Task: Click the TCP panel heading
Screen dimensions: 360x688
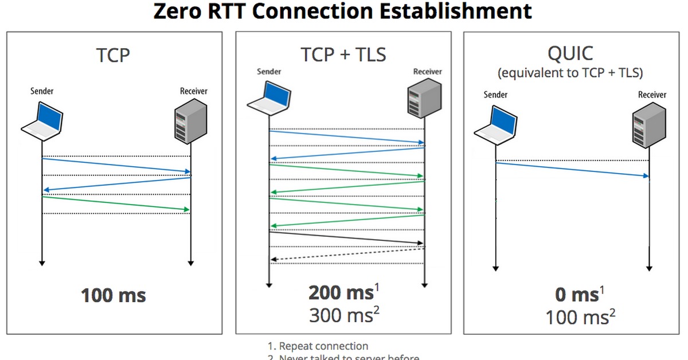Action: (114, 56)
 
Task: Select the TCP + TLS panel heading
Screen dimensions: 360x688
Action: (343, 54)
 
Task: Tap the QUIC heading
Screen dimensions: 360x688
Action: (570, 53)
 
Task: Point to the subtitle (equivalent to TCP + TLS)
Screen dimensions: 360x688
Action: (570, 73)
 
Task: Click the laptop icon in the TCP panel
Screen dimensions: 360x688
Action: (42, 121)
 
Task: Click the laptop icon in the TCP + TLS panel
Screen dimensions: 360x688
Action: (269, 95)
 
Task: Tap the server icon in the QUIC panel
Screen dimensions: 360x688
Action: (648, 127)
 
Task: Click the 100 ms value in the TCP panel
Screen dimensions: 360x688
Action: (114, 296)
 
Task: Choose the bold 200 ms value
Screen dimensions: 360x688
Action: (341, 293)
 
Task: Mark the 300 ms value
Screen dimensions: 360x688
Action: (341, 315)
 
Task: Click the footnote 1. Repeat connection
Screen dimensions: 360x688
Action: (318, 346)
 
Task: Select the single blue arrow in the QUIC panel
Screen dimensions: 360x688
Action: (572, 170)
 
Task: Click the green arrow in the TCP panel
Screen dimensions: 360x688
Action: (116, 204)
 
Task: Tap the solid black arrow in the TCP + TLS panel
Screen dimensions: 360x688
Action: (346, 238)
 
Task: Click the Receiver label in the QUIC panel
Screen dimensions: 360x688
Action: (652, 95)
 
